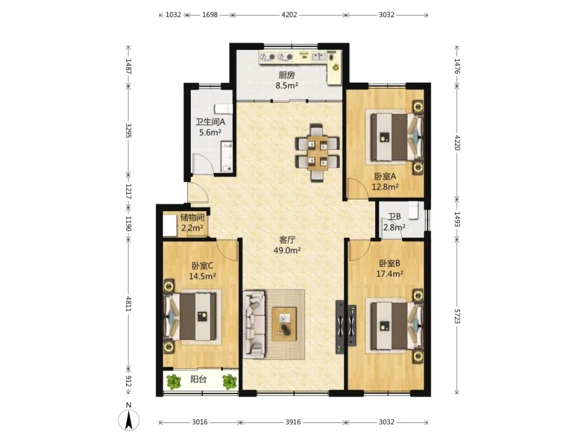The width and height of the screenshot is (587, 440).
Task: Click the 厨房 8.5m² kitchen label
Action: click(287, 80)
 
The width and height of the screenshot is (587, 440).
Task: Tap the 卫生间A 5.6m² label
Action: click(210, 127)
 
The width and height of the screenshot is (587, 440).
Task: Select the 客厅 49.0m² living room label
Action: click(287, 245)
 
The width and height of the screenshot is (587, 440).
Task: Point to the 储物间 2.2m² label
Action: click(193, 222)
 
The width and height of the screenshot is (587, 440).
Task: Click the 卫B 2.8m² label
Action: click(394, 222)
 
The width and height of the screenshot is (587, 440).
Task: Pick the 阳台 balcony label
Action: click(198, 380)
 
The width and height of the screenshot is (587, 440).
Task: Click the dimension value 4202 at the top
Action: click(289, 15)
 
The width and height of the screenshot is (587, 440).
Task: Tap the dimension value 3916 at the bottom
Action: click(293, 422)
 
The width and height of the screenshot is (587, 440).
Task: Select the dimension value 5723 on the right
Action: click(457, 316)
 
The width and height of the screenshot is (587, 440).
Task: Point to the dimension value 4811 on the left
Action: click(129, 304)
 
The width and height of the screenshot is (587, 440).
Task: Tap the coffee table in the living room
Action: click(284, 324)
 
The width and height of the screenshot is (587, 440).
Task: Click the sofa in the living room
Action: click(254, 324)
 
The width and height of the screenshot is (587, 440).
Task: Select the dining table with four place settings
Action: click(318, 153)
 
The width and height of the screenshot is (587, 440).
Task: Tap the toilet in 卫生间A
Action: click(224, 109)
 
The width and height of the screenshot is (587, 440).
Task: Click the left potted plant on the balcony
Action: click(173, 382)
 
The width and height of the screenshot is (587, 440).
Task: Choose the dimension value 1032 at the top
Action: click(173, 15)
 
